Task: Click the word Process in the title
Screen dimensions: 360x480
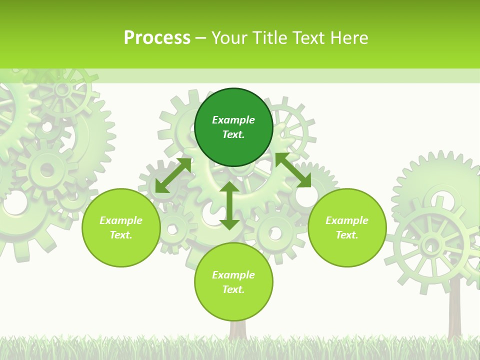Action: point(157,38)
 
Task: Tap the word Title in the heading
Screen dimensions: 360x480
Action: point(270,38)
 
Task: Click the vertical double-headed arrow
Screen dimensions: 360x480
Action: point(229,205)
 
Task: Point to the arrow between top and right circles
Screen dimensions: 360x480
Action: point(293,170)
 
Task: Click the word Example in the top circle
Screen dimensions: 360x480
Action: point(233,120)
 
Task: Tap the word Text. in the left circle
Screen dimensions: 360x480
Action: point(121,235)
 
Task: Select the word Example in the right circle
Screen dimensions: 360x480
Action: point(347,220)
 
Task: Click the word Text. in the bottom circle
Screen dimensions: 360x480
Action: point(233,289)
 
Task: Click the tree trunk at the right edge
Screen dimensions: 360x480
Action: point(454,310)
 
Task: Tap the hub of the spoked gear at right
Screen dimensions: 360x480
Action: point(429,245)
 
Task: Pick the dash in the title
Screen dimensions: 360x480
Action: point(201,38)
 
